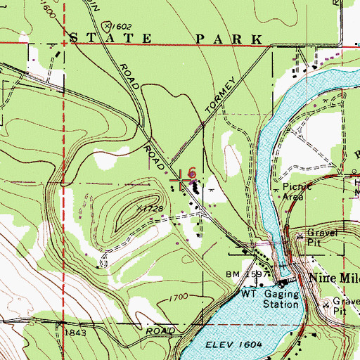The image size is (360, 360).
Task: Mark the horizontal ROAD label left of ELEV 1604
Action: (x=161, y=329)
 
